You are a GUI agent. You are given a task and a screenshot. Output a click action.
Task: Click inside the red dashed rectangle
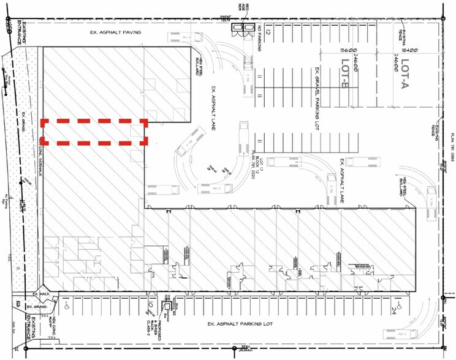click(94, 132)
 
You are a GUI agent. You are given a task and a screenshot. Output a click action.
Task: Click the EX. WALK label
click(32, 295)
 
